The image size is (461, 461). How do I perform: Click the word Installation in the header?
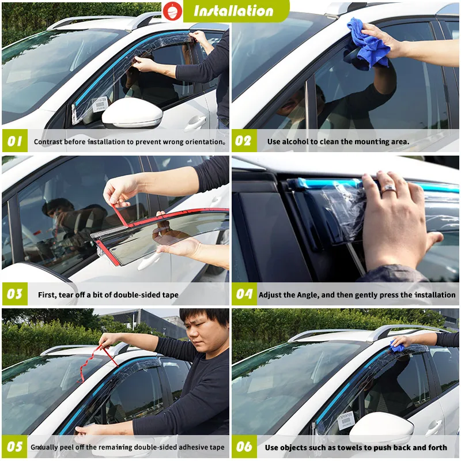pyautogui.click(x=233, y=10)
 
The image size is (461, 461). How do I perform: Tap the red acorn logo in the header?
pyautogui.click(x=171, y=10)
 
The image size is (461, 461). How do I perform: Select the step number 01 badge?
pyautogui.click(x=14, y=141)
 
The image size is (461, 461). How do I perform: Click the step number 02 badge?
pyautogui.click(x=244, y=141)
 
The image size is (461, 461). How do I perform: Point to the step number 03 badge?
pyautogui.click(x=14, y=294)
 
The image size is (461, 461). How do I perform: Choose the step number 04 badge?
pyautogui.click(x=244, y=294)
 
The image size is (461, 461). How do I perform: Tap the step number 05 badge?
pyautogui.click(x=14, y=447)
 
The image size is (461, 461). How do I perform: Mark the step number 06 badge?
pyautogui.click(x=244, y=447)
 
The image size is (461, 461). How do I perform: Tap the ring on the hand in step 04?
pyautogui.click(x=387, y=188)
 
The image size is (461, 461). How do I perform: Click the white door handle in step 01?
pyautogui.click(x=195, y=122)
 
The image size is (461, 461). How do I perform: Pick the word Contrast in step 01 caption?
pyautogui.click(x=48, y=141)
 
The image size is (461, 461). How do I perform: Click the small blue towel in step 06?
pyautogui.click(x=397, y=346)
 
